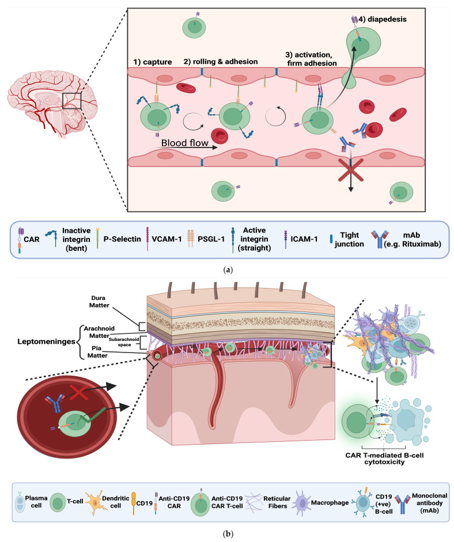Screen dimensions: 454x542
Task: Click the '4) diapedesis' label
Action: coord(383,20)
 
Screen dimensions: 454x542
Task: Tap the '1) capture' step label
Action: coord(153,62)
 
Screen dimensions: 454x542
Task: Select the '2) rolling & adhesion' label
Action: coord(221,62)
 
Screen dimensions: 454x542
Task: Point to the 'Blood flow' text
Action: coord(184,143)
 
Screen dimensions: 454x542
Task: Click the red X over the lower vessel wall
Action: coord(351,170)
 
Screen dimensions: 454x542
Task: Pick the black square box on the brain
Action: coord(72,101)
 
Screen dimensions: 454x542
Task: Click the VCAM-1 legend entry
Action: coord(163,239)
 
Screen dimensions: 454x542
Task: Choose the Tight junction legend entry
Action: coord(347,239)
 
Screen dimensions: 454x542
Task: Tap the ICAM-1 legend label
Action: coord(304,239)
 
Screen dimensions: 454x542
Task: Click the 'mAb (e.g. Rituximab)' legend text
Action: coord(412,240)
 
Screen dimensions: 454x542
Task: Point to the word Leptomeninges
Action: coord(46,342)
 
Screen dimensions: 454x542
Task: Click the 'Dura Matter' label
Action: coord(99,302)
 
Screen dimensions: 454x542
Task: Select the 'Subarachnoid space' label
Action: coord(124,342)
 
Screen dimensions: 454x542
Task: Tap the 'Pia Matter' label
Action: coord(97,352)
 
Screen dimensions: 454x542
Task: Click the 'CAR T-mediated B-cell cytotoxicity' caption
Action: coord(384,458)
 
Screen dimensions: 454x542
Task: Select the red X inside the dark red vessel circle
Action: coord(78,393)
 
